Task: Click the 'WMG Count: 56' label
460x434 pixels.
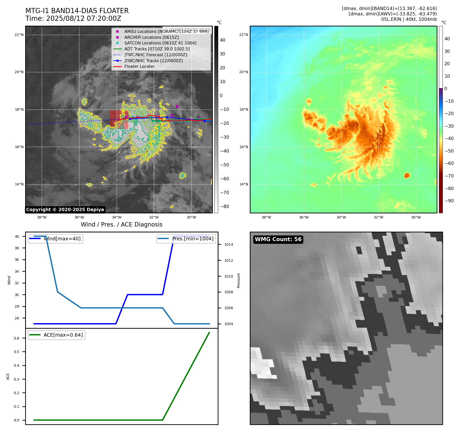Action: click(278, 239)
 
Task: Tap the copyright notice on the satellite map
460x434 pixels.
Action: click(65, 210)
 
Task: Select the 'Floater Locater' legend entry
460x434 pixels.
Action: click(139, 67)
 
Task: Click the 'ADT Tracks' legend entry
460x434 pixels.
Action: click(157, 49)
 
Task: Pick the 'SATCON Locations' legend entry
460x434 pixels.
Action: click(160, 43)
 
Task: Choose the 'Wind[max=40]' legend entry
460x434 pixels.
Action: click(62, 239)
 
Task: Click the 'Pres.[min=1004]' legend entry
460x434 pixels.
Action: click(193, 239)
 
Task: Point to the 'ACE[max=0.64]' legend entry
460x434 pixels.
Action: click(63, 335)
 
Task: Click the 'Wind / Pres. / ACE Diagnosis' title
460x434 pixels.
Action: click(121, 225)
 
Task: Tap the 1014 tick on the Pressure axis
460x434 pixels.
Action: click(228, 245)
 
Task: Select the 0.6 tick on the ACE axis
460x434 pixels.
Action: click(16, 338)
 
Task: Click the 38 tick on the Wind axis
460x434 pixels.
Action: click(17, 248)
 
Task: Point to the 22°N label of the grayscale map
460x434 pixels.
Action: click(19, 35)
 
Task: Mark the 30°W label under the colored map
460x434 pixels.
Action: click(416, 218)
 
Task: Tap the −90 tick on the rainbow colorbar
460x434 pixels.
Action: click(449, 201)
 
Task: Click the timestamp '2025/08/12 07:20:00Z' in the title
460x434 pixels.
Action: click(84, 19)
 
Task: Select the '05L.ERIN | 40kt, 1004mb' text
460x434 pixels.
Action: click(409, 19)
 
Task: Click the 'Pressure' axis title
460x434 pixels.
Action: click(238, 280)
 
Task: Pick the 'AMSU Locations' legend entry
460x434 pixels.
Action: click(166, 32)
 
